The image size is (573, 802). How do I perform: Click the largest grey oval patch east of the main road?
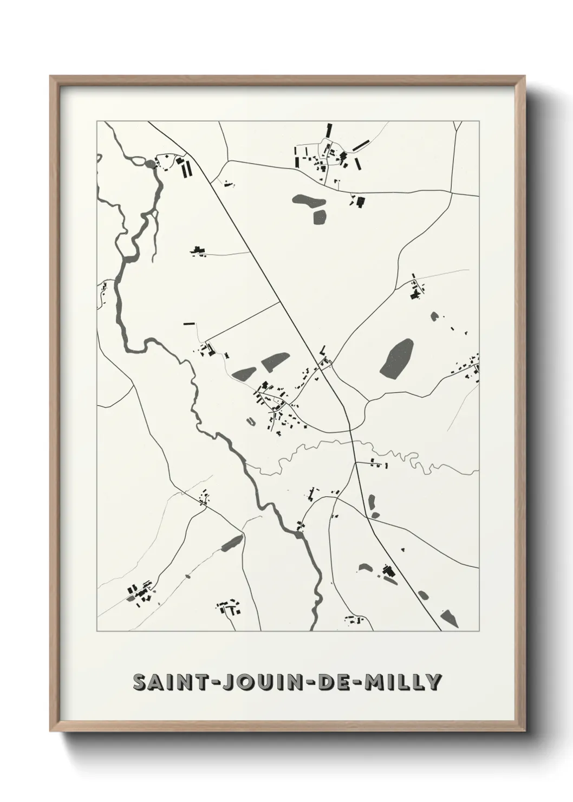(396, 358)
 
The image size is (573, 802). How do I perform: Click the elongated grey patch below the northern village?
(307, 200)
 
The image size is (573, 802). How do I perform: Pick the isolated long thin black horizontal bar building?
(189, 324)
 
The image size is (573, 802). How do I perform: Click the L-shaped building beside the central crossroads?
(324, 350)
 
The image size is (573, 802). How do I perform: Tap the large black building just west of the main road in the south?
(387, 571)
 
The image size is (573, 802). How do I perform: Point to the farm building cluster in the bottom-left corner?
(139, 593)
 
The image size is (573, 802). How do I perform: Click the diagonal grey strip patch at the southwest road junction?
(232, 542)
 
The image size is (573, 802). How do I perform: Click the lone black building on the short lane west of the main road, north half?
(198, 250)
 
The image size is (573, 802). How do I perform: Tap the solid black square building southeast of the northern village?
(359, 202)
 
